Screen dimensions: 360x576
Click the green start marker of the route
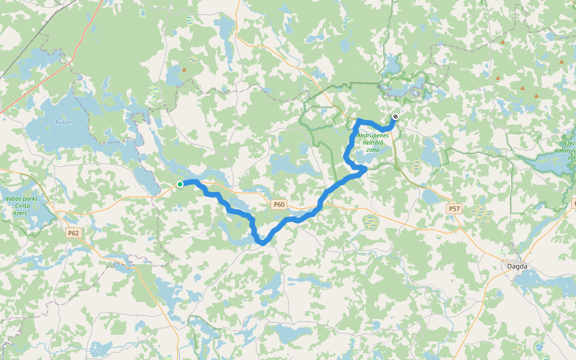point(179,184)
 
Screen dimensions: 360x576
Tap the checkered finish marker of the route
point(395,116)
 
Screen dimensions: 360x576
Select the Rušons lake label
point(65,122)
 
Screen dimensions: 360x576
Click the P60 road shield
point(279,205)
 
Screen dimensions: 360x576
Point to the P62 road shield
point(73,233)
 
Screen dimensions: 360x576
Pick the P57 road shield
point(454,209)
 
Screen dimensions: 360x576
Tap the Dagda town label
point(517,266)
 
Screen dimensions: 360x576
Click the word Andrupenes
point(373,136)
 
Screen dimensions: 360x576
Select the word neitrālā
point(373,143)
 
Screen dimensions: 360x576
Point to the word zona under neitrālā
point(373,149)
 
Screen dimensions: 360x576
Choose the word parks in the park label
point(31,199)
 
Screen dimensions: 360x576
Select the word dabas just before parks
point(13,199)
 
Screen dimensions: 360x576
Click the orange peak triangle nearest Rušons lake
point(184,70)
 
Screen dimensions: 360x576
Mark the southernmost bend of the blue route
point(262,242)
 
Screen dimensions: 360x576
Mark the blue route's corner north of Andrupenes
point(359,122)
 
